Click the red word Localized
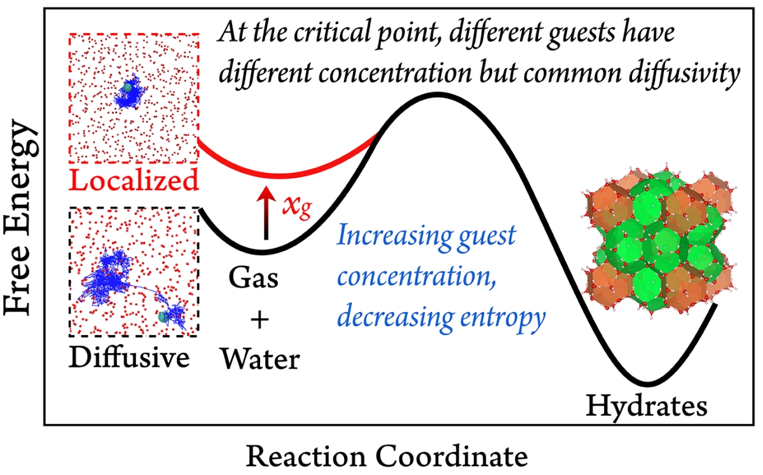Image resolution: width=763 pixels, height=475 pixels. point(134,181)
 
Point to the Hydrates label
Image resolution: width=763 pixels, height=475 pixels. point(645,405)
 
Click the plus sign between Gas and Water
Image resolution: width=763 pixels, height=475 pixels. point(258,320)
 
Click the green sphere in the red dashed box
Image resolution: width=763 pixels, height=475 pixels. point(129,87)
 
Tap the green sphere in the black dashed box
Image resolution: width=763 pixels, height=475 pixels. point(164,316)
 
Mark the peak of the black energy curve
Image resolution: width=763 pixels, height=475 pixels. point(436,95)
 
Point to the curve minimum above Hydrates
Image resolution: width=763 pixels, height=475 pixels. point(647,384)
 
